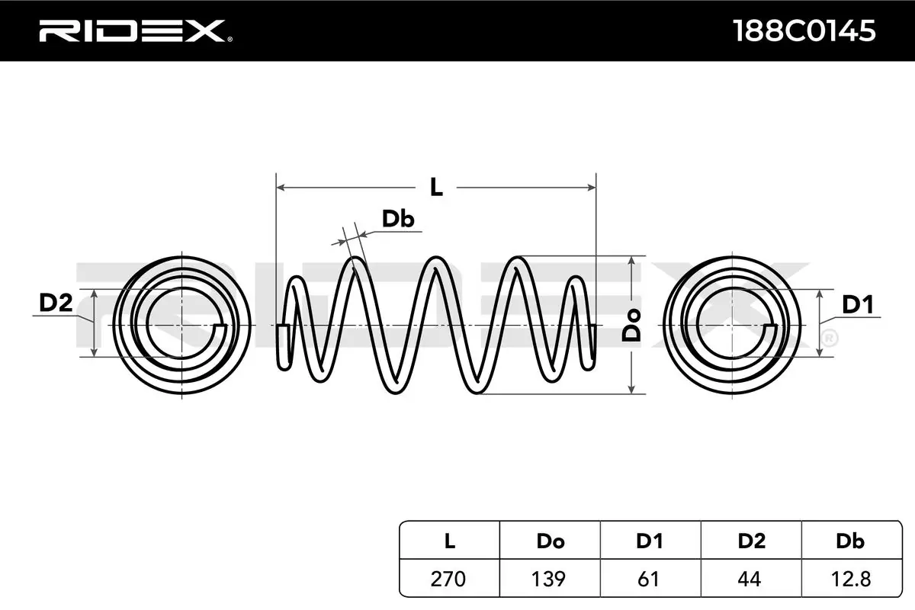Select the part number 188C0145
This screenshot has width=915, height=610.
(x=803, y=31)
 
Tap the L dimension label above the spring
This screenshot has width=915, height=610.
(x=435, y=187)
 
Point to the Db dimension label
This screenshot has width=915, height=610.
(x=397, y=220)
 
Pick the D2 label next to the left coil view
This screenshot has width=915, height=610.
(x=55, y=303)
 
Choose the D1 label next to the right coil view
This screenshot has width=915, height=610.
(x=857, y=306)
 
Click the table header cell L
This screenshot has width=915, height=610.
(x=450, y=541)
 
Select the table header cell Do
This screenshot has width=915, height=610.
(x=550, y=541)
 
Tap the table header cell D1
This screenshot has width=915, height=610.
(x=650, y=541)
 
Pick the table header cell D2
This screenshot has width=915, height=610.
(x=751, y=541)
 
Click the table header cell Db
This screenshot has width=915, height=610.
(x=850, y=541)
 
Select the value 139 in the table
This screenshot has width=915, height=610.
(x=550, y=579)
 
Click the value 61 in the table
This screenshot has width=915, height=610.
(x=650, y=579)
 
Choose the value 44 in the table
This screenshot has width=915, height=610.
(x=751, y=579)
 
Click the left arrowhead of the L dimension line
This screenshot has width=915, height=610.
(x=280, y=187)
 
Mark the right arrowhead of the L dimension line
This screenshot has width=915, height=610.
(x=591, y=187)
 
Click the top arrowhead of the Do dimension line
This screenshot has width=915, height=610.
(x=632, y=261)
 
